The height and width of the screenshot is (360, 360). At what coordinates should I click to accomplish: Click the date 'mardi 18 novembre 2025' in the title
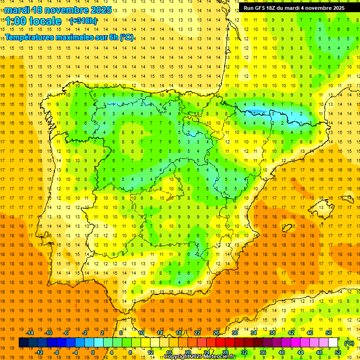[x=58, y=10]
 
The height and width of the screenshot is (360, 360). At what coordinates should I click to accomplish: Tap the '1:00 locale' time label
[x=33, y=21]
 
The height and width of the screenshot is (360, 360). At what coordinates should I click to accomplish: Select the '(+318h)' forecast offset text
[x=83, y=21]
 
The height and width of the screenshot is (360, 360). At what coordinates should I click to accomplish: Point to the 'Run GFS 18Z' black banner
[x=294, y=7]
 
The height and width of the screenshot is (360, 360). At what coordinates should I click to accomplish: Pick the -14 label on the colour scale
[x=30, y=333]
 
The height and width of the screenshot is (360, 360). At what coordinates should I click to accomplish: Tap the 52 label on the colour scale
[x=338, y=352]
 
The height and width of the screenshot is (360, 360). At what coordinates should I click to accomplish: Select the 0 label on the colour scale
[x=93, y=352]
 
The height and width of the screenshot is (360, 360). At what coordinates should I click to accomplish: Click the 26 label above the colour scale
[x=216, y=333]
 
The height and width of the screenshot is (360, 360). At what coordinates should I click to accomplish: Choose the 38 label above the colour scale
[x=272, y=333]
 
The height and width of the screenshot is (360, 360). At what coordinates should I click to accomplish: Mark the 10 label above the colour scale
[x=141, y=333]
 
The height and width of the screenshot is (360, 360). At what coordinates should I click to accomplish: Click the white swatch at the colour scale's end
[x=333, y=343]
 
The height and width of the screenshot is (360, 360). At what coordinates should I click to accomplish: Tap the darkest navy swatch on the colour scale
[x=23, y=343]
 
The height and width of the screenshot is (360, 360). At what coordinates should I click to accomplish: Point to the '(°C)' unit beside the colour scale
[x=349, y=343]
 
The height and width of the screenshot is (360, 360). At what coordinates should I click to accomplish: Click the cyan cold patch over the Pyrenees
[x=262, y=112]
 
